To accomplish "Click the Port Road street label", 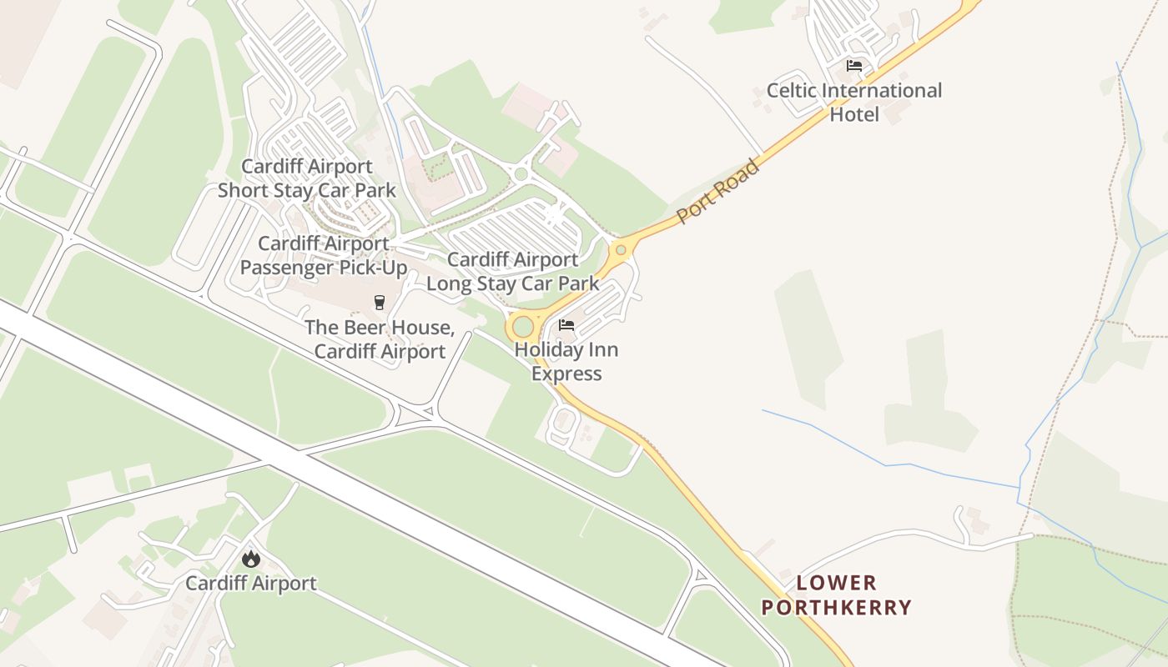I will [718, 191].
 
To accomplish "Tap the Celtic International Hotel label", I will [854, 102].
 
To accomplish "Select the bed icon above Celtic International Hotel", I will [853, 66].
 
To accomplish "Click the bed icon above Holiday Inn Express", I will [566, 325].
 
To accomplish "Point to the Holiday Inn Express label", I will [566, 361].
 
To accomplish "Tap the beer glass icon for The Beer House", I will [380, 302].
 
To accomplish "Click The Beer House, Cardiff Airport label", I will [380, 339].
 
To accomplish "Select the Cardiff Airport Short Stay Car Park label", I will [307, 178].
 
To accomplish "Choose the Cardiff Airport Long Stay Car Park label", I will [512, 272].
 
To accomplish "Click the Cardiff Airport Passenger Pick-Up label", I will [324, 255].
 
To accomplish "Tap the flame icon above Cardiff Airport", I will [251, 559].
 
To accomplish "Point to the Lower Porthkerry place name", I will [836, 594].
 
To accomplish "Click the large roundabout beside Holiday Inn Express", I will [523, 326].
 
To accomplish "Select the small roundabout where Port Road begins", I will [620, 249].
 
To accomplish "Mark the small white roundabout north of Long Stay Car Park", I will [521, 174].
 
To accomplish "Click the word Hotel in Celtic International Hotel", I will [854, 114].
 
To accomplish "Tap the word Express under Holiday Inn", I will [566, 374].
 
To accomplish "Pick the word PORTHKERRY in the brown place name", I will [836, 607].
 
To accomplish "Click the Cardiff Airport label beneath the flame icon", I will [251, 583].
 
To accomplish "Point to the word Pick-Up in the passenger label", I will [367, 268].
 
